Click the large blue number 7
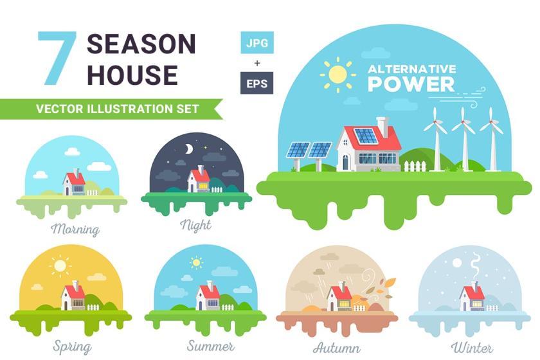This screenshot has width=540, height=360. [57, 58]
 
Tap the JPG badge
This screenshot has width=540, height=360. [257, 42]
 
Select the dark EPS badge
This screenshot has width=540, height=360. [257, 83]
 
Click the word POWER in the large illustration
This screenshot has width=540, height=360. [411, 84]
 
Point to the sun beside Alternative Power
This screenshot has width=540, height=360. [337, 75]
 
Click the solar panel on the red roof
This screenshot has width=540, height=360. [366, 136]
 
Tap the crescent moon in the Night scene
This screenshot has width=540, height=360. [188, 149]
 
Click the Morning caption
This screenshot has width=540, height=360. [75, 229]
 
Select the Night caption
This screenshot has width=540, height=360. [195, 226]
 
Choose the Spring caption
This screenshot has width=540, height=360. [72, 346]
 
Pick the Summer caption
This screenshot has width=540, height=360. [210, 346]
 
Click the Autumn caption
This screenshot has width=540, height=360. [337, 347]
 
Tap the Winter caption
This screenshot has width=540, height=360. [472, 347]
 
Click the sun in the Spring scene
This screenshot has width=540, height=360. [60, 265]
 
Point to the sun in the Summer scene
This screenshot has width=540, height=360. [196, 262]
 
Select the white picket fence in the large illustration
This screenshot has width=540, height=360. [415, 166]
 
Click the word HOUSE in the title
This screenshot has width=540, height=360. [132, 75]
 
